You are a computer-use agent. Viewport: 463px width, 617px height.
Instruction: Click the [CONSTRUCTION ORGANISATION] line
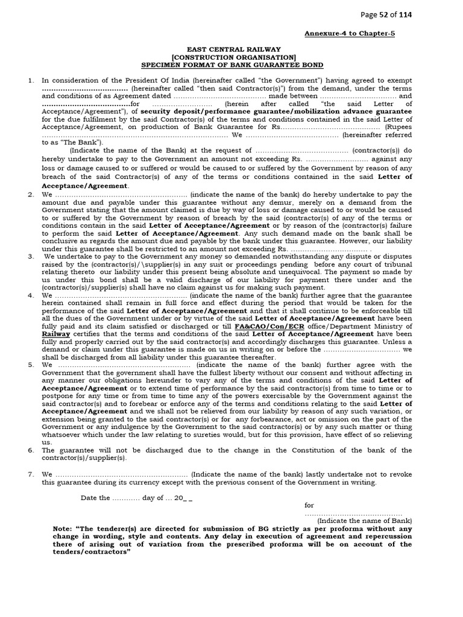point(232,57)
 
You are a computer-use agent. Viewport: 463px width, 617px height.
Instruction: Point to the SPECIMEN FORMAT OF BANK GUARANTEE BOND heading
point(232,64)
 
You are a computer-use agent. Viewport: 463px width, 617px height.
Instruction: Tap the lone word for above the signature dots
point(309,506)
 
